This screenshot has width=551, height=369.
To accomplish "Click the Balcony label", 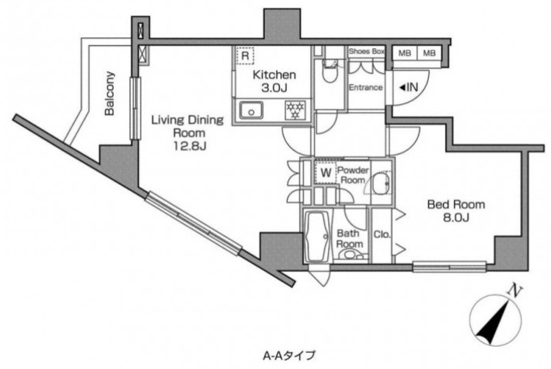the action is pyautogui.click(x=110, y=93).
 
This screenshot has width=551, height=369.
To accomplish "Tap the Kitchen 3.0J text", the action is pyautogui.click(x=274, y=81).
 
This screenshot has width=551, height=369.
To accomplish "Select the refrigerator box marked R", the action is pyautogui.click(x=245, y=55).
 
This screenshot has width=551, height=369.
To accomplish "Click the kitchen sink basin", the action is pyautogui.click(x=251, y=111).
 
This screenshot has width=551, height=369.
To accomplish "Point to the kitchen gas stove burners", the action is pyautogui.click(x=295, y=110).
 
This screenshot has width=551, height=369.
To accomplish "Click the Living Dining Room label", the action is pyautogui.click(x=187, y=126).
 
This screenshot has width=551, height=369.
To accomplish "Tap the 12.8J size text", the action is pyautogui.click(x=189, y=146).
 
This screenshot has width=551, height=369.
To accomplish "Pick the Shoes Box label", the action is pyautogui.click(x=367, y=51).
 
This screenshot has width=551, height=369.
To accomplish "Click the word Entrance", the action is pyautogui.click(x=365, y=87).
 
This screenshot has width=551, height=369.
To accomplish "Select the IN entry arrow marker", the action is pyautogui.click(x=408, y=87).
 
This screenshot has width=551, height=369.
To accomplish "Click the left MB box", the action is pyautogui.click(x=404, y=53).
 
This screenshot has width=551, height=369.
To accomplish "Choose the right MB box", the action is pyautogui.click(x=429, y=53).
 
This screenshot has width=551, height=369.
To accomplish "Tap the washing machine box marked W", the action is pyautogui.click(x=326, y=173).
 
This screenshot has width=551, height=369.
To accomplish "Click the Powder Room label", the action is pyautogui.click(x=353, y=175).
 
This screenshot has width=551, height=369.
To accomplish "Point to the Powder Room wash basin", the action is pyautogui.click(x=382, y=183).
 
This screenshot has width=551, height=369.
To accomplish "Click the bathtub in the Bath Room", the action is pyautogui.click(x=318, y=236).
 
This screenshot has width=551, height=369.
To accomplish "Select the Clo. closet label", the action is pyautogui.click(x=382, y=234).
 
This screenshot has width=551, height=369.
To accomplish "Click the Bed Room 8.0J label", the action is pyautogui.click(x=456, y=211).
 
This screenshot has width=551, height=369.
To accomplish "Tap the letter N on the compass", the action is pyautogui.click(x=515, y=291).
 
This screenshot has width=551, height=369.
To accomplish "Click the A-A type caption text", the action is pyautogui.click(x=289, y=355).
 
